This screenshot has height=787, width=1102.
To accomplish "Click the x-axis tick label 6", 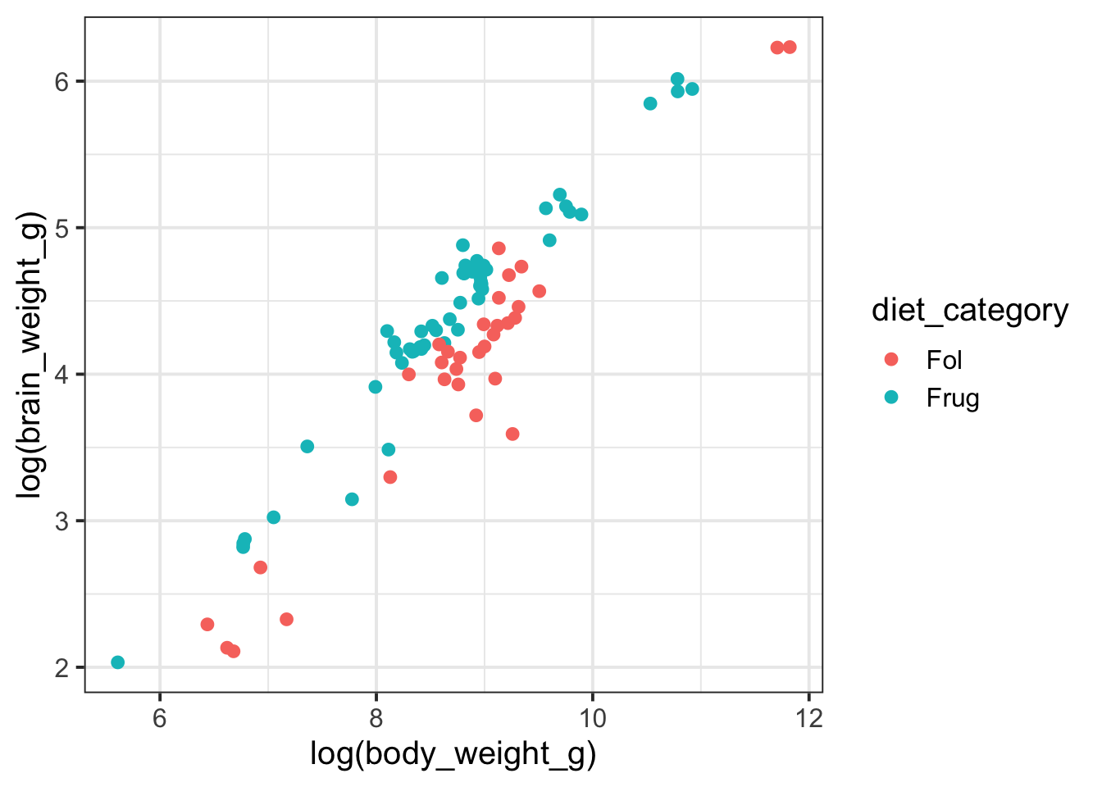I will [x=160, y=718].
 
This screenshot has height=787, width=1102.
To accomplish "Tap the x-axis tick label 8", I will [x=376, y=718].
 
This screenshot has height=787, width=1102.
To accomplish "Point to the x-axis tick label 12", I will [x=808, y=718].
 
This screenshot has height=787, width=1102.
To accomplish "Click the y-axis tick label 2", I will [x=63, y=668].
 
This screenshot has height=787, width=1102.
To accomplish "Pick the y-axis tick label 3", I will [x=63, y=521].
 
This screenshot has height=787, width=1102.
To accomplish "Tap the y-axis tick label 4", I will [x=63, y=375].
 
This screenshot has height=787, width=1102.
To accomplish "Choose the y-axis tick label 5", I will [x=63, y=228].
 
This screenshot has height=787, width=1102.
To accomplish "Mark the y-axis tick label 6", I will [x=63, y=81].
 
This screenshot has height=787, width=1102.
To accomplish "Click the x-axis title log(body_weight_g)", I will [x=453, y=754].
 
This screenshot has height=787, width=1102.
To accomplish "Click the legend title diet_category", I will [x=970, y=311].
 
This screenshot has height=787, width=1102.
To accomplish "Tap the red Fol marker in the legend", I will [x=891, y=359].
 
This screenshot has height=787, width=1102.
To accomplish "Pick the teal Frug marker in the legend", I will [x=891, y=398].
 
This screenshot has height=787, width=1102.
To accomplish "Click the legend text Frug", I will [x=953, y=398].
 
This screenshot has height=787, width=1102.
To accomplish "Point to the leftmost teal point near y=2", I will [x=118, y=662].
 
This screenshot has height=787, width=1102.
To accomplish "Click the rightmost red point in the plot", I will [x=790, y=48].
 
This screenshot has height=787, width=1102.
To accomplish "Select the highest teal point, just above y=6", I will [x=677, y=80].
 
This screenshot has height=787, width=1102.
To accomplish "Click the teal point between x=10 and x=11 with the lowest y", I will [x=650, y=103].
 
